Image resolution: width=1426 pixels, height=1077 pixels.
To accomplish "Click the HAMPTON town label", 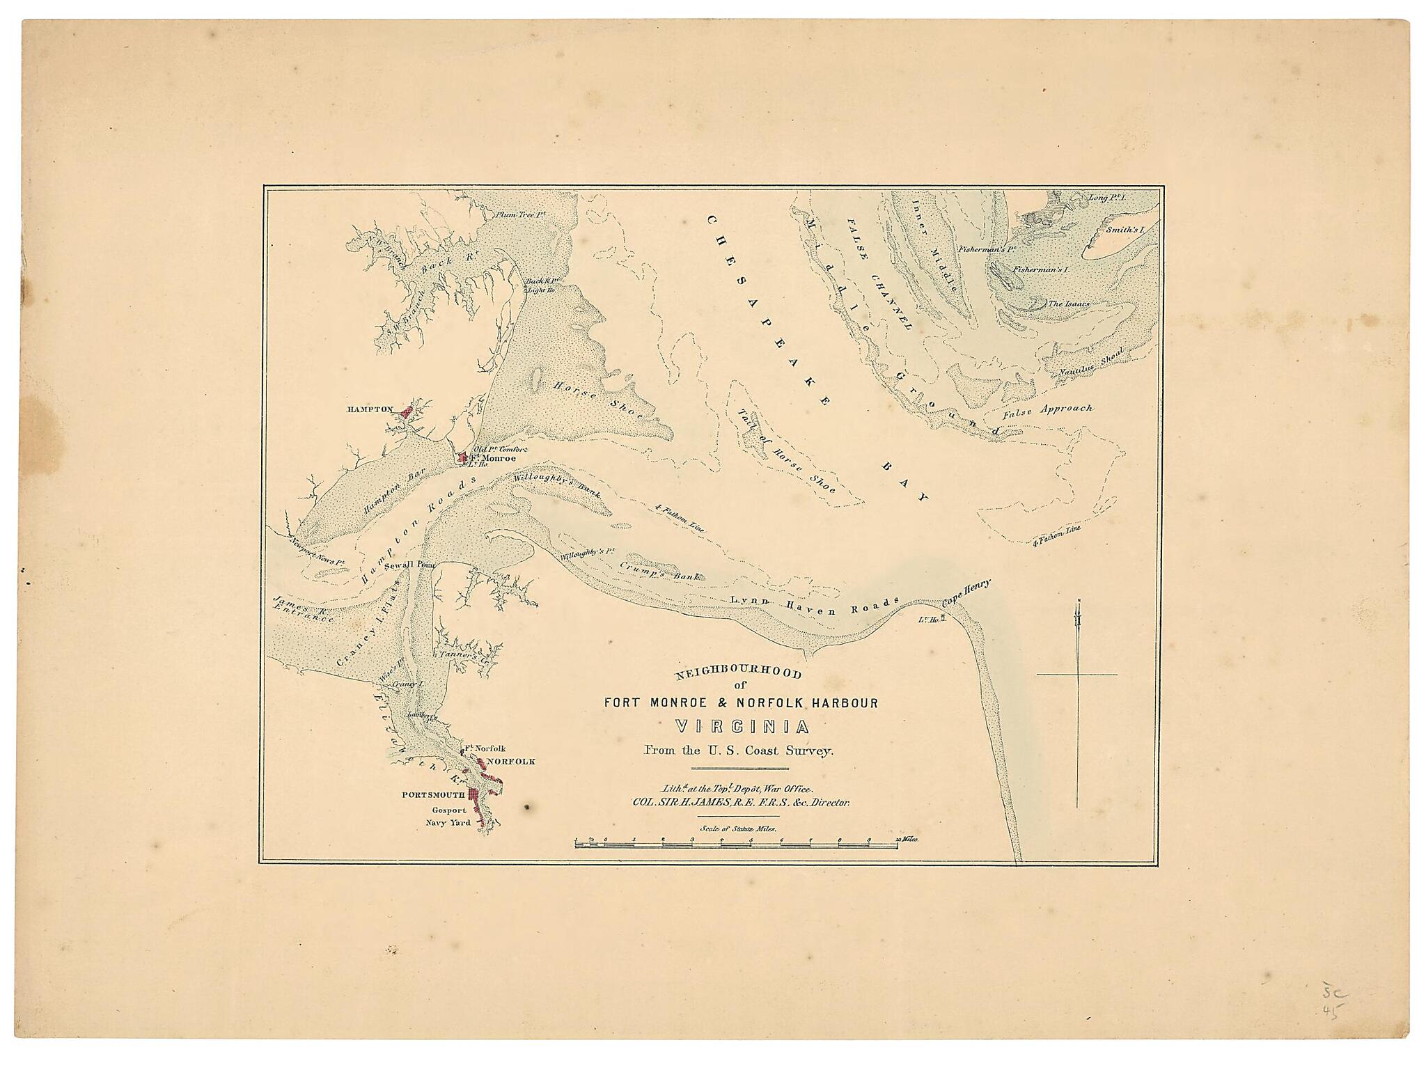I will tap(370, 410).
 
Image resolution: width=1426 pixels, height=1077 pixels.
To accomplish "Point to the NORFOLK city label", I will tap(510, 762).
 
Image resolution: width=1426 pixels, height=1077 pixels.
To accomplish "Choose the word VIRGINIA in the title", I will tap(742, 728).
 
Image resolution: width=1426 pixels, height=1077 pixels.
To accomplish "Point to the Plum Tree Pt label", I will tap(514, 215).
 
